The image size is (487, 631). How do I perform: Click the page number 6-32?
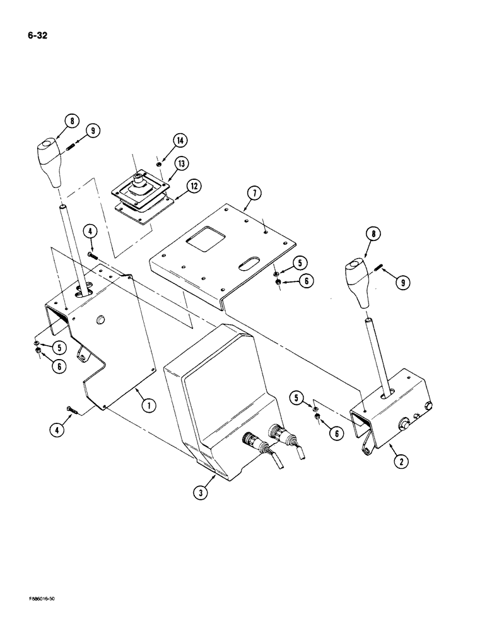(x=37, y=36)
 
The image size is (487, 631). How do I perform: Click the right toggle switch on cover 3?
(x=278, y=435)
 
